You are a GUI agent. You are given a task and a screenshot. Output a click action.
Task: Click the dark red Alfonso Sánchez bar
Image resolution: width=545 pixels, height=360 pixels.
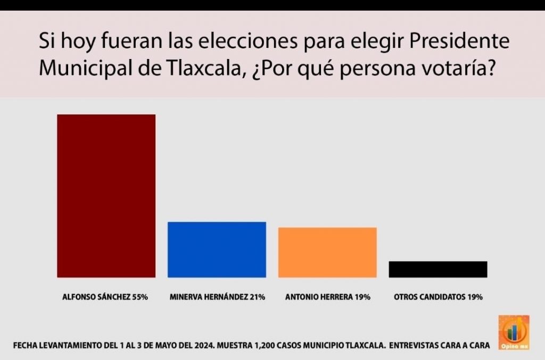[x=106, y=196]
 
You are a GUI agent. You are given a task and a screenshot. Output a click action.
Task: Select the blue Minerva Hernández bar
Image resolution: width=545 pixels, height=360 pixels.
[x=217, y=249]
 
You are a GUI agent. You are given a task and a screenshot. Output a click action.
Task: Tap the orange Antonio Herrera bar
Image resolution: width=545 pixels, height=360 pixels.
[x=327, y=252]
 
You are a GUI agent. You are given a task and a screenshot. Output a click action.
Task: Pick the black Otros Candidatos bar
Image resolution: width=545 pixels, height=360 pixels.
[x=437, y=269]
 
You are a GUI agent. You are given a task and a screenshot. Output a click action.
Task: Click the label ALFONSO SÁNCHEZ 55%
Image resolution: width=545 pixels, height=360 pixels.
[x=105, y=297]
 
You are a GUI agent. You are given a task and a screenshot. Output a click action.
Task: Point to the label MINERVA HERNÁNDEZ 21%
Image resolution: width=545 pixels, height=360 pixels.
[x=217, y=297]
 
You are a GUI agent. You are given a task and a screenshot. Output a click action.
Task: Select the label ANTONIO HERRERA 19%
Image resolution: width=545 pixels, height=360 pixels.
[x=327, y=297]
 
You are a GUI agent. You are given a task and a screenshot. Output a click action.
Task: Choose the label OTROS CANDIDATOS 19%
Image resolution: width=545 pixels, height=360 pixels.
[x=438, y=297]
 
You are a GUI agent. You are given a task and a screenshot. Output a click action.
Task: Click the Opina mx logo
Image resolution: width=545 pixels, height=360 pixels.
[x=513, y=333]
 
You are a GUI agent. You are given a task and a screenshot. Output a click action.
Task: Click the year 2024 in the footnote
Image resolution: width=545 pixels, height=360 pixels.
[x=202, y=346]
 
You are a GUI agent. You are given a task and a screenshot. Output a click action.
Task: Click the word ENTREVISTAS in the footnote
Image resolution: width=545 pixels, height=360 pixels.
[x=417, y=346]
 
